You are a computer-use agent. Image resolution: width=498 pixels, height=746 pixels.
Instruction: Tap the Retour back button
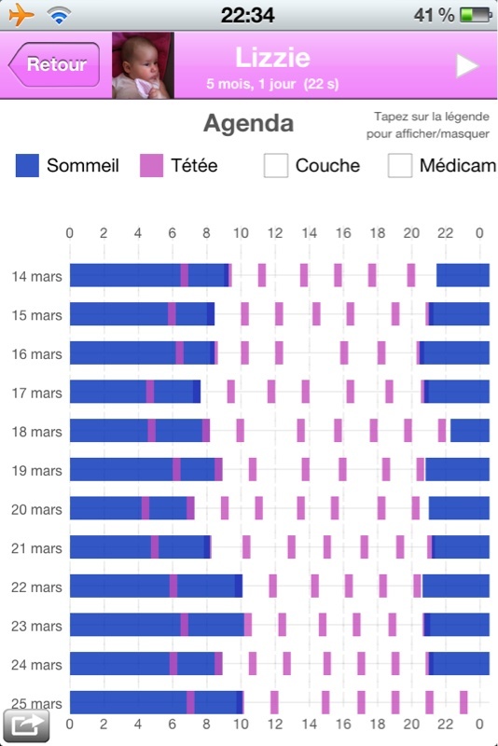[54, 64]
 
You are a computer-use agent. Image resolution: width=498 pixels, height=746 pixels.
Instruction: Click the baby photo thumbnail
[144, 65]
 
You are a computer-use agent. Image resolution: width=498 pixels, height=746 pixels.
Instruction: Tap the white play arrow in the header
[466, 65]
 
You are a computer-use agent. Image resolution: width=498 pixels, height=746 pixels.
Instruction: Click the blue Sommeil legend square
[27, 166]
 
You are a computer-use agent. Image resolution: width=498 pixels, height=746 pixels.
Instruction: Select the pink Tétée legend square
[151, 166]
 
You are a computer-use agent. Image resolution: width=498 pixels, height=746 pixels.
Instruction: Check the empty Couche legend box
[276, 166]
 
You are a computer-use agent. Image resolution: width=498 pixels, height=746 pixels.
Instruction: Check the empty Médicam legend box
[400, 166]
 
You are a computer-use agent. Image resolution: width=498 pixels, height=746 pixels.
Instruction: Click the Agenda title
[248, 124]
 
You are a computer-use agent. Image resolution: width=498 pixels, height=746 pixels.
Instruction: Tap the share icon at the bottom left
[26, 725]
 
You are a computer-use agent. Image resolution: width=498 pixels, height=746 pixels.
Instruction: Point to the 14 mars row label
[36, 276]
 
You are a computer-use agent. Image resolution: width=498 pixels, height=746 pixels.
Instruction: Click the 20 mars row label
[36, 509]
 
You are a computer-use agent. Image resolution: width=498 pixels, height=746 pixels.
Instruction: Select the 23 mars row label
[36, 626]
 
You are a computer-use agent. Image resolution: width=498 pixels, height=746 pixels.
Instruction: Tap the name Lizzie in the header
[272, 58]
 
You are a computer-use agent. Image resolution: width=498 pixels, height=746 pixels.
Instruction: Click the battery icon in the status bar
[476, 15]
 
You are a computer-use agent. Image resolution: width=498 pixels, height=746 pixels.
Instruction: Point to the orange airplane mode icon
[21, 15]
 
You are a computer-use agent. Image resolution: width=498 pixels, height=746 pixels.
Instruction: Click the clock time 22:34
[247, 15]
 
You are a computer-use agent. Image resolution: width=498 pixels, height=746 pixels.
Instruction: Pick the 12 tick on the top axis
[275, 233]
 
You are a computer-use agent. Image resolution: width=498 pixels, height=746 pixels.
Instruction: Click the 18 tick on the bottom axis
[378, 725]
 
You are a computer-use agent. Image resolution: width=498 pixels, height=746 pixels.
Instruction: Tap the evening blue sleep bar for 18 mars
[469, 431]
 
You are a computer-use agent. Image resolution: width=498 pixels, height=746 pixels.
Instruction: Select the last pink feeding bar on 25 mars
[463, 702]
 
